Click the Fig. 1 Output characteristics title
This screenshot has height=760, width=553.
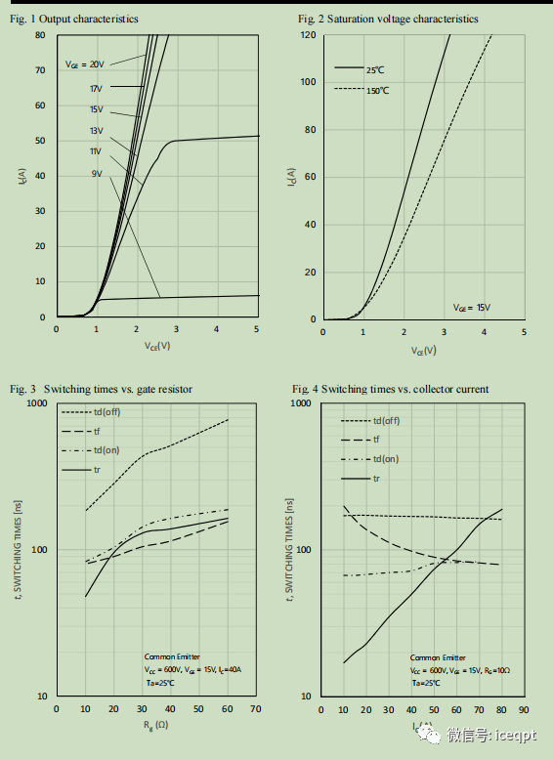pos(74,19)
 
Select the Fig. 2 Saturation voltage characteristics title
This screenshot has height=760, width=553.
pos(388,19)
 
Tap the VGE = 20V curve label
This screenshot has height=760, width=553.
pos(85,64)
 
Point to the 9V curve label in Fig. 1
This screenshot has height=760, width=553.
pos(98,174)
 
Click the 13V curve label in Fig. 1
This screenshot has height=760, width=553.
pos(96,131)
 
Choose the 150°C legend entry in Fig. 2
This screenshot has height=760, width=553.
pos(377,90)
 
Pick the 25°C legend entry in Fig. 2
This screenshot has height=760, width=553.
pos(376,70)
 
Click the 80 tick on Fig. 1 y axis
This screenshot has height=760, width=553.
pos(41,35)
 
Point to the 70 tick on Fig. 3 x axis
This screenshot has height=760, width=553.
pos(256,709)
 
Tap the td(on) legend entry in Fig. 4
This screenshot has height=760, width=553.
pos(385,459)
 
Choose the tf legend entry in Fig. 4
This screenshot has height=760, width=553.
pos(378,441)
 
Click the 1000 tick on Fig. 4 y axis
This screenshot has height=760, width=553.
pos(301,402)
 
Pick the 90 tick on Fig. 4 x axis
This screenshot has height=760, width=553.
pos(524,709)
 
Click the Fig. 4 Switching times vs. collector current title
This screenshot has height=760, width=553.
pos(391,389)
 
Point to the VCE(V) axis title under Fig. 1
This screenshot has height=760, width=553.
pos(156,345)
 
